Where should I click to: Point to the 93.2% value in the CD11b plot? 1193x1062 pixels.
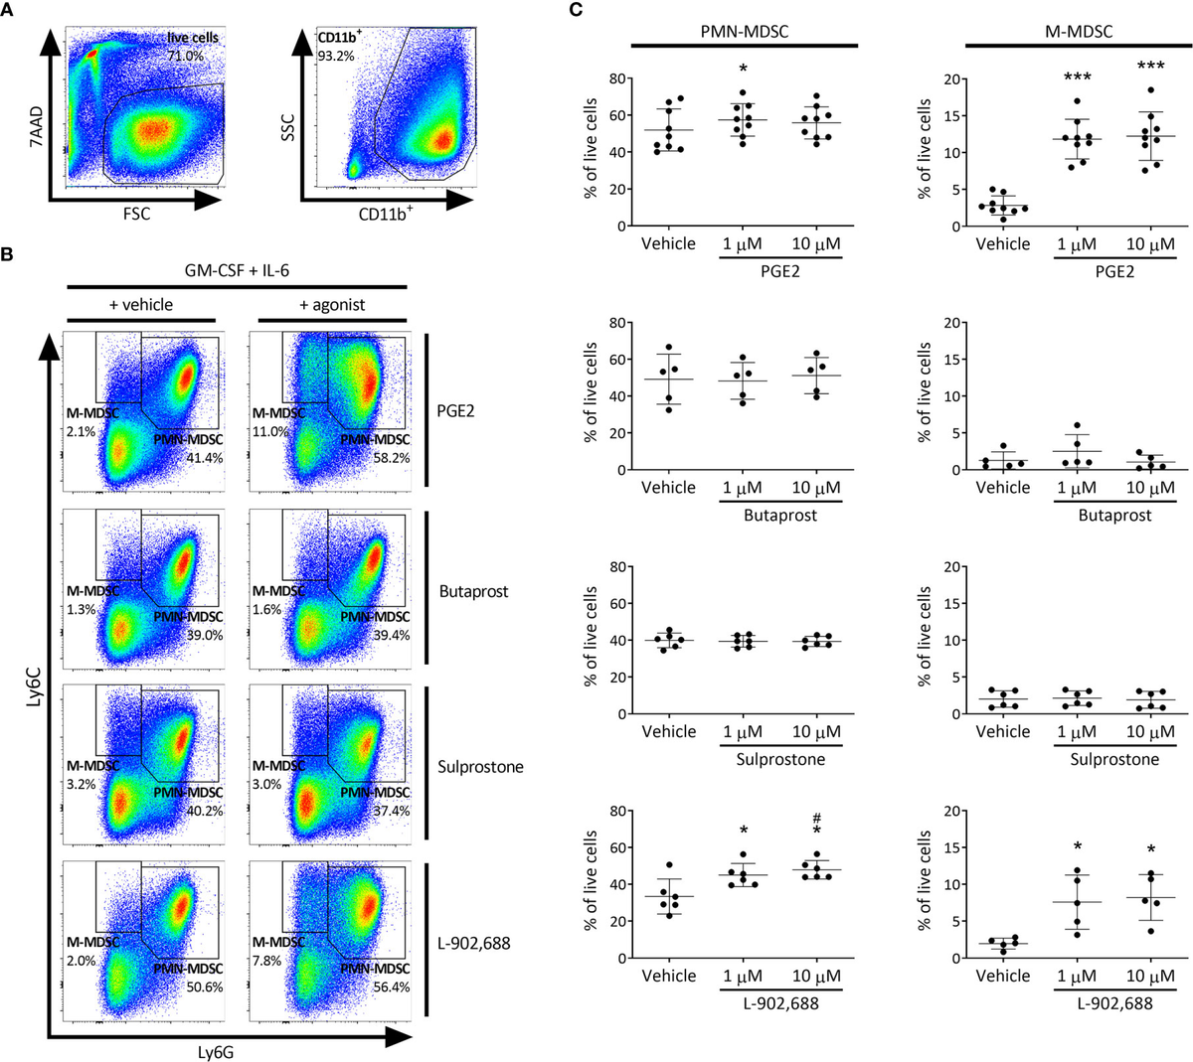click(x=332, y=57)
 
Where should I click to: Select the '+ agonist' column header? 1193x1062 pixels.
click(x=331, y=305)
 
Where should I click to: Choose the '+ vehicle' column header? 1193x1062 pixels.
click(x=141, y=305)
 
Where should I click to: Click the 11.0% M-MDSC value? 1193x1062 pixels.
click(x=269, y=432)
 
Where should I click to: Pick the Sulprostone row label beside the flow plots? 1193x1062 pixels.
click(x=479, y=766)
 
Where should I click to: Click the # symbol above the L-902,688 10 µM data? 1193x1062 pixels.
click(x=816, y=818)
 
